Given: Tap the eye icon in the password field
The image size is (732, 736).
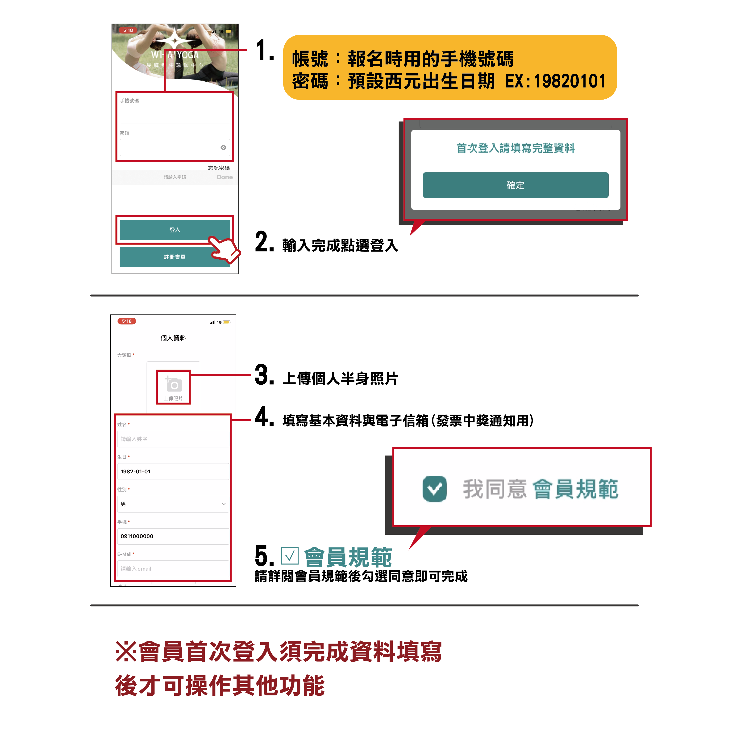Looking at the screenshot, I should pos(224,148).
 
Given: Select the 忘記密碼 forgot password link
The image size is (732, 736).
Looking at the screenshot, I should pos(219,168).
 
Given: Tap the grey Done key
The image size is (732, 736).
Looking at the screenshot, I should pos(225,177).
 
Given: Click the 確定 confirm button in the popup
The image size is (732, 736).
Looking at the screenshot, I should pos(516,185).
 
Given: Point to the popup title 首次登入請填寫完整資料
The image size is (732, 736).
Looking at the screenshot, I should pos(516,148).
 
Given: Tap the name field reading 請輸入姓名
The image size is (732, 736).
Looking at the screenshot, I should pos(173,439).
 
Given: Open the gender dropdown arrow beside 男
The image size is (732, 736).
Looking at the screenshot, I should pos(224,504).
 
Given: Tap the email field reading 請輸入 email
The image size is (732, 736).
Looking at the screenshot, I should pos(173,569).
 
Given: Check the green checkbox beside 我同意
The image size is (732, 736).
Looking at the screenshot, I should pos(434,489).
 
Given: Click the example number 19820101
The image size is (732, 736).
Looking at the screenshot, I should pos(570,81).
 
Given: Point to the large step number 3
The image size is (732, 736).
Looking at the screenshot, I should pos(264,375).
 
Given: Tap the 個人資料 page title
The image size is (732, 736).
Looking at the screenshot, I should pos(173,338).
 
